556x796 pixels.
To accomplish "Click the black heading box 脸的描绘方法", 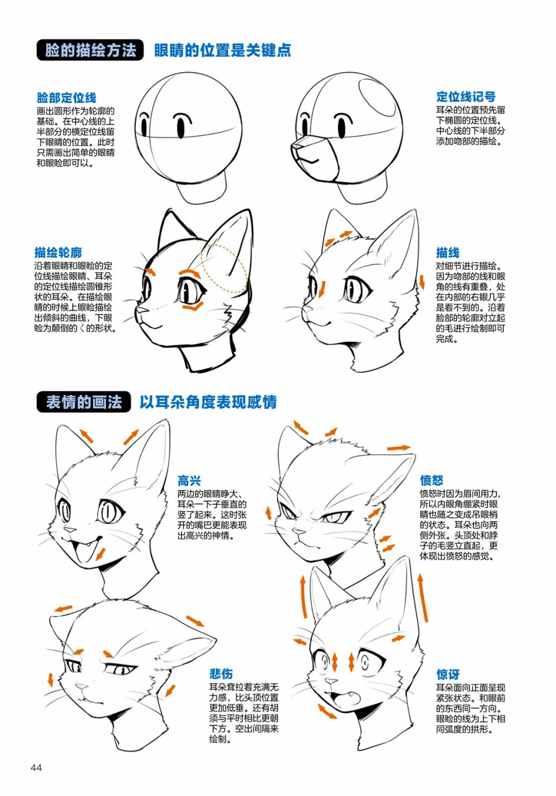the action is point(90,50).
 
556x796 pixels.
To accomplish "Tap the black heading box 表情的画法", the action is point(84,402).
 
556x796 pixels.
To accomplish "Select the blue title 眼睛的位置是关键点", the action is point(223,50).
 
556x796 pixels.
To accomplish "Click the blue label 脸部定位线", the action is point(67,97).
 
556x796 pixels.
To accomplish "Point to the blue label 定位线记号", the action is point(466,97).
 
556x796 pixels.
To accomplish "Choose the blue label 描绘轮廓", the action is point(58,252).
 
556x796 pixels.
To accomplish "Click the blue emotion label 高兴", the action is point(190,481).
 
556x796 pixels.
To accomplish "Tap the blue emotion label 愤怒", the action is point(432,481).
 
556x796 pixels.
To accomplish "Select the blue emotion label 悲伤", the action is point(221,674).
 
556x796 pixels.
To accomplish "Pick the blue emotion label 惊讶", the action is point(448,674).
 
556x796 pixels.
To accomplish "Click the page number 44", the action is point(36,768).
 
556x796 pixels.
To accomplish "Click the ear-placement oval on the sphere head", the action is point(376,97).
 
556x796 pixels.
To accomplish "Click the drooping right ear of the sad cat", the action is point(185,646).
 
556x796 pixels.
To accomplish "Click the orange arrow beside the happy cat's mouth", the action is point(101,554).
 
